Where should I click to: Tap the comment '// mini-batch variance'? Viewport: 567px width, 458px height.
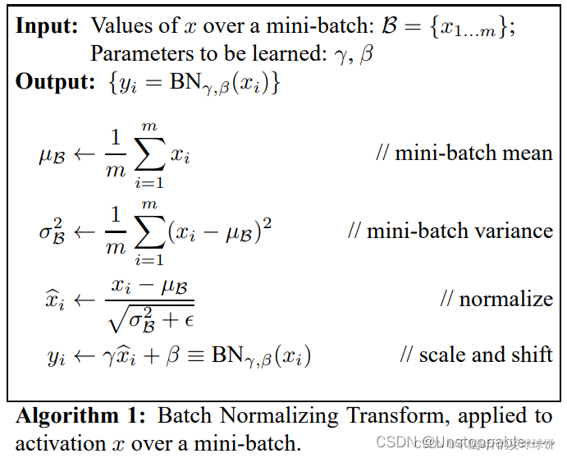450,231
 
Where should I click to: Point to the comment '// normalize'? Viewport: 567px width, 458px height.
496,299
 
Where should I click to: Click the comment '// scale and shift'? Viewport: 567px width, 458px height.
476,355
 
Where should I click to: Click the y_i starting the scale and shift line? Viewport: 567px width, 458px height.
56,356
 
